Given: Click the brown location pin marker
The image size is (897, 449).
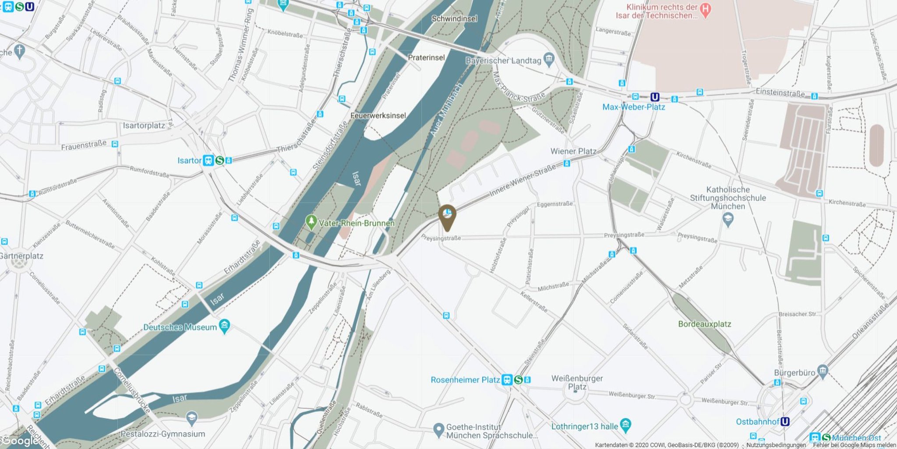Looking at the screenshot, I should tap(447, 216).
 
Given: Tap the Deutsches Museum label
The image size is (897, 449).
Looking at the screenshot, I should tap(180, 327).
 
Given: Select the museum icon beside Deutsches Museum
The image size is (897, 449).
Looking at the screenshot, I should tap(225, 326).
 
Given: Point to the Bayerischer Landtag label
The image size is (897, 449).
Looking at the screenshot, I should tap(503, 61).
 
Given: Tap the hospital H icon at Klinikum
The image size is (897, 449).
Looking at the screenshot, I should tap(705, 9).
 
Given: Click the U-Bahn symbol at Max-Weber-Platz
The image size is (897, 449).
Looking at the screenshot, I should tap(655, 97).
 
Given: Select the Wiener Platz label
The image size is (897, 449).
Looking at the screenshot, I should tap(573, 151).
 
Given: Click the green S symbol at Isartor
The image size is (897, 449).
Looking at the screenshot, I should tap(219, 160).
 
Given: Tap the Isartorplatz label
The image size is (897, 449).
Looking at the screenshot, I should tap(144, 126).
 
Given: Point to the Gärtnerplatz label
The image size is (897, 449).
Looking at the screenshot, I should tap(21, 256).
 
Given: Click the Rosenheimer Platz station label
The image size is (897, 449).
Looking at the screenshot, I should tap(465, 380).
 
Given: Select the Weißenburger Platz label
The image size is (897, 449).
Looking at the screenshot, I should tap(577, 382).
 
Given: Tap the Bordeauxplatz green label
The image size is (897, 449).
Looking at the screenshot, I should tap(704, 324).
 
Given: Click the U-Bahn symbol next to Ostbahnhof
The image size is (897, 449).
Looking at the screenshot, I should tap(785, 421).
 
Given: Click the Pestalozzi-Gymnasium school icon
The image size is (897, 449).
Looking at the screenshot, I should tap(191, 417).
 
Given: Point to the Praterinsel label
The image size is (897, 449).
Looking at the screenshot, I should tap(426, 57).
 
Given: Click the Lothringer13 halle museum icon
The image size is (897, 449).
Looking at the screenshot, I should tap(626, 424).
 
